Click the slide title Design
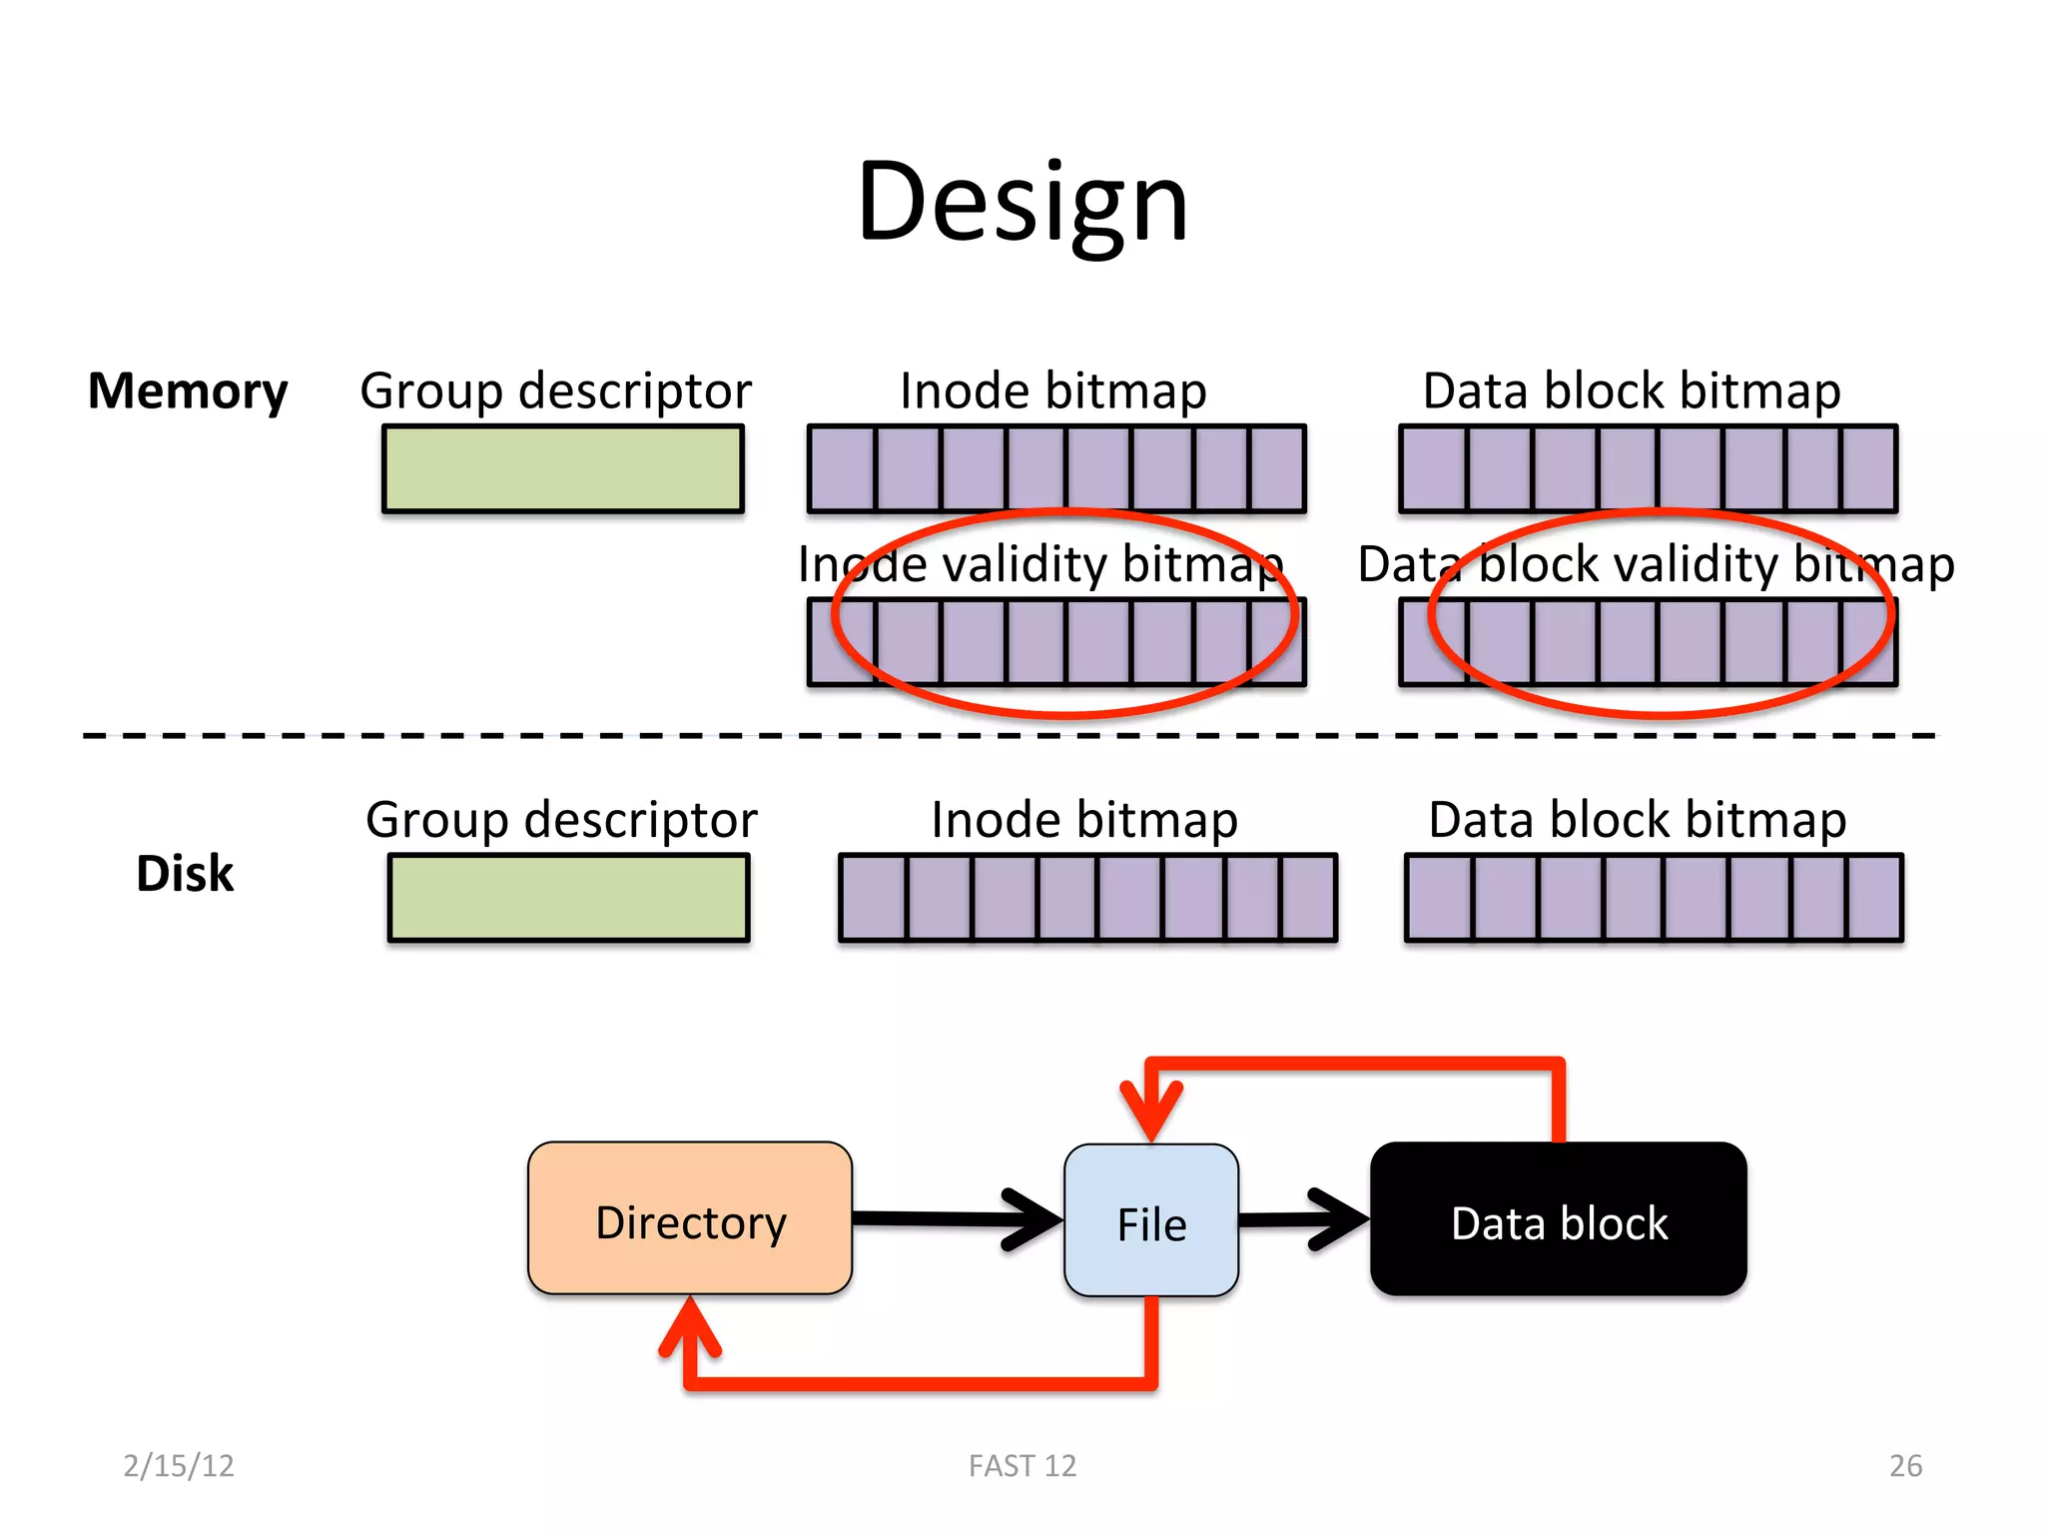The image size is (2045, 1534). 1022,203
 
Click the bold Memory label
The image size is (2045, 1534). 188,390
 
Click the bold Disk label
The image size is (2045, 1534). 185,874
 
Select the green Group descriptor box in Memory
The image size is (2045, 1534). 563,469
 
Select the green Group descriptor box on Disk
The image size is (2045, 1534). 568,898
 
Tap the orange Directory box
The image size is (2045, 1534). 690,1219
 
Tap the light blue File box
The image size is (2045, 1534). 1151,1221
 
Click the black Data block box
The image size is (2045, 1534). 1558,1219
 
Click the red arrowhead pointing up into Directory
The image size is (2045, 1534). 690,1328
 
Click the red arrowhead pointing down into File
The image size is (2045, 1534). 1151,1109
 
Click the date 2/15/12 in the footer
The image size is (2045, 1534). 179,1465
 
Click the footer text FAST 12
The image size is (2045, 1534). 1022,1465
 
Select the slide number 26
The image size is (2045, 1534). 1905,1465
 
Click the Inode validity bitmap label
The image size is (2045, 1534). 1040,564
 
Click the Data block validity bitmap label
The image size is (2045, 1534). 1656,564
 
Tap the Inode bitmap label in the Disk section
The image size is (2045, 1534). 1084,820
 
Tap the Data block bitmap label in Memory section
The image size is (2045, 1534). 1632,390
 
